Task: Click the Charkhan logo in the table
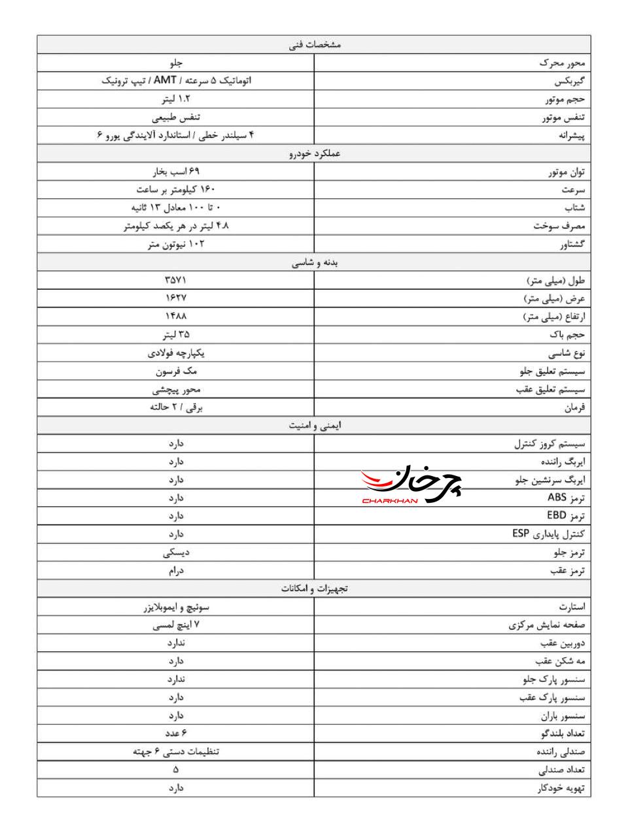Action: tap(411, 486)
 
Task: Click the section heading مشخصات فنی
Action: tap(314, 44)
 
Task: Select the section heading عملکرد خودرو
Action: tap(314, 154)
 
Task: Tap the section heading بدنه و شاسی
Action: tap(314, 263)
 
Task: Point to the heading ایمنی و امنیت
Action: tap(314, 426)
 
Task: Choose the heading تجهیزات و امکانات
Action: tap(314, 589)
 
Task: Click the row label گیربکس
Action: tap(569, 82)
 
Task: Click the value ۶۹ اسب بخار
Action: tap(175, 172)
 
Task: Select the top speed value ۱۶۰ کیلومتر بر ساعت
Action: tap(175, 190)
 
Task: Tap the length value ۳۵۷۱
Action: tap(175, 281)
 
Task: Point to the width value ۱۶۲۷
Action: tap(175, 298)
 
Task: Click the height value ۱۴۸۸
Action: tap(175, 316)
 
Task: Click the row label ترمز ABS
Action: tap(566, 498)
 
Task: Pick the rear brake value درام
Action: tap(175, 571)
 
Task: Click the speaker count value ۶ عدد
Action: tap(175, 734)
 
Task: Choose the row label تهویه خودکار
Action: tap(561, 789)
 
